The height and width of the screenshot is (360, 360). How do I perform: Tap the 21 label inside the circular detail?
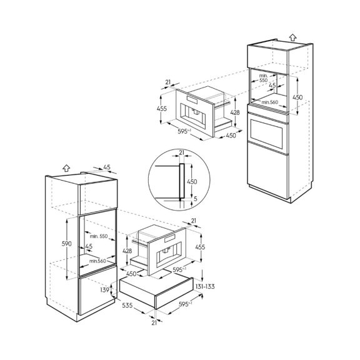[182, 152]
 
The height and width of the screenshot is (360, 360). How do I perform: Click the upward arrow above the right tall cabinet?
[292, 37]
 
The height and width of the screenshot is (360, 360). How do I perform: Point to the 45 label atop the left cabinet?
[106, 167]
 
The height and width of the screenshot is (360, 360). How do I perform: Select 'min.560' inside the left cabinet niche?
[96, 260]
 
